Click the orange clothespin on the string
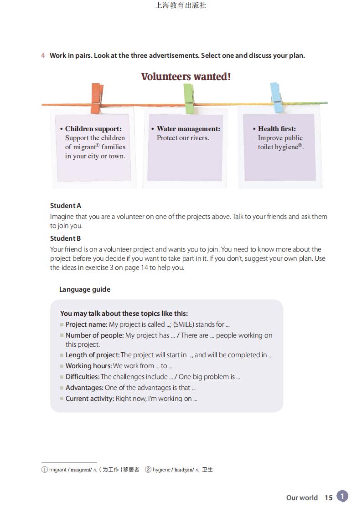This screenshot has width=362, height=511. click(x=97, y=98)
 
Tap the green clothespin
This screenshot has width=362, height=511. click(x=189, y=98)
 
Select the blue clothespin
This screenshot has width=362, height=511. click(x=276, y=98)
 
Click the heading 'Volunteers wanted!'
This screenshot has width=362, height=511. click(x=186, y=76)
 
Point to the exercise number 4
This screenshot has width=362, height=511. click(x=43, y=56)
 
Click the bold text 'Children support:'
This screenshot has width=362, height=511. click(x=93, y=129)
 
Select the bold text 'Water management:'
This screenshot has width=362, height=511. click(x=188, y=129)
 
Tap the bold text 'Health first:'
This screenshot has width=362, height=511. click(x=277, y=129)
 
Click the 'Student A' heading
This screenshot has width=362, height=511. click(x=66, y=206)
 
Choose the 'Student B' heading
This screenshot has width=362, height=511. click(x=66, y=238)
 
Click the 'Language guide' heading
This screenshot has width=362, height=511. click(x=85, y=289)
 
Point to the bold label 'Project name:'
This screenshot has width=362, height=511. click(x=86, y=324)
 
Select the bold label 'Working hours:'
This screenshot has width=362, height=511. click(x=88, y=366)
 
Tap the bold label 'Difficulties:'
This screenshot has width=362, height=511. click(x=83, y=377)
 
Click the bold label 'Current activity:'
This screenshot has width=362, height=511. click(x=90, y=399)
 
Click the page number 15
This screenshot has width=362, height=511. click(x=328, y=497)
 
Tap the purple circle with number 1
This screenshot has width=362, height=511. click(x=342, y=496)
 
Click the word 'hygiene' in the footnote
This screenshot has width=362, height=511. click(x=161, y=470)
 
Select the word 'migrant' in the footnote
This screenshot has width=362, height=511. click(x=58, y=470)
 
